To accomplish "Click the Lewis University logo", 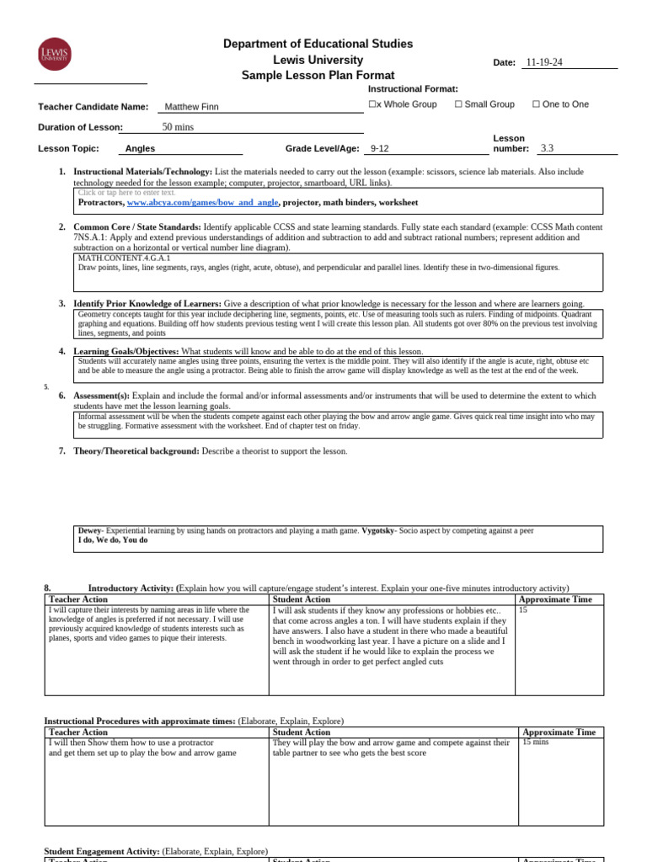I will pyautogui.click(x=55, y=56).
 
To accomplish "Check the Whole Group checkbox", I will pyautogui.click(x=373, y=104).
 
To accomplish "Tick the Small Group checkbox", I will pyautogui.click(x=458, y=104).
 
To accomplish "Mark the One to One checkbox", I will pyautogui.click(x=536, y=104).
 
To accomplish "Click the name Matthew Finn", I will pyautogui.click(x=193, y=107).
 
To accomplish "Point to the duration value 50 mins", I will pyautogui.click(x=178, y=127).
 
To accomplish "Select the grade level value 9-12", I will pyautogui.click(x=380, y=149).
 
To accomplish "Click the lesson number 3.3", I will pyautogui.click(x=548, y=149).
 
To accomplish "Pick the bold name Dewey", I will pyautogui.click(x=89, y=531).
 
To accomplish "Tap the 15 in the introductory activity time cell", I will pyautogui.click(x=524, y=609).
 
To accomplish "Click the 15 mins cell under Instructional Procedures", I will pyautogui.click(x=535, y=742).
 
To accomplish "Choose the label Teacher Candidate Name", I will pyautogui.click(x=94, y=107).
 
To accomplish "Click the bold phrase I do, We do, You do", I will pyautogui.click(x=112, y=540).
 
